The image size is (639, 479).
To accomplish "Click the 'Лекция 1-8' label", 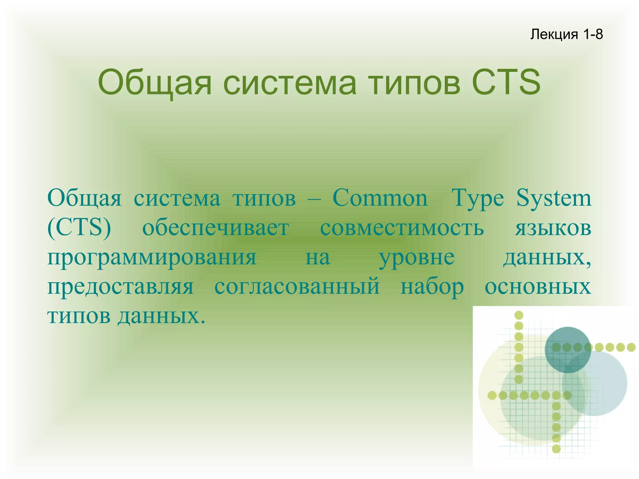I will [x=566, y=34].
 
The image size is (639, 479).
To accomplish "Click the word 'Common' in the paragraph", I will [x=380, y=198].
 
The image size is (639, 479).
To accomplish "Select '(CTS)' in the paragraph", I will [x=79, y=228].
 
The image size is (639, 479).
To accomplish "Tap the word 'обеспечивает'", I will [x=216, y=228].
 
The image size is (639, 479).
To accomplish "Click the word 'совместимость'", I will [x=402, y=228].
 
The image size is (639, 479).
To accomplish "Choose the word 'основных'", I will [x=538, y=286].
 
